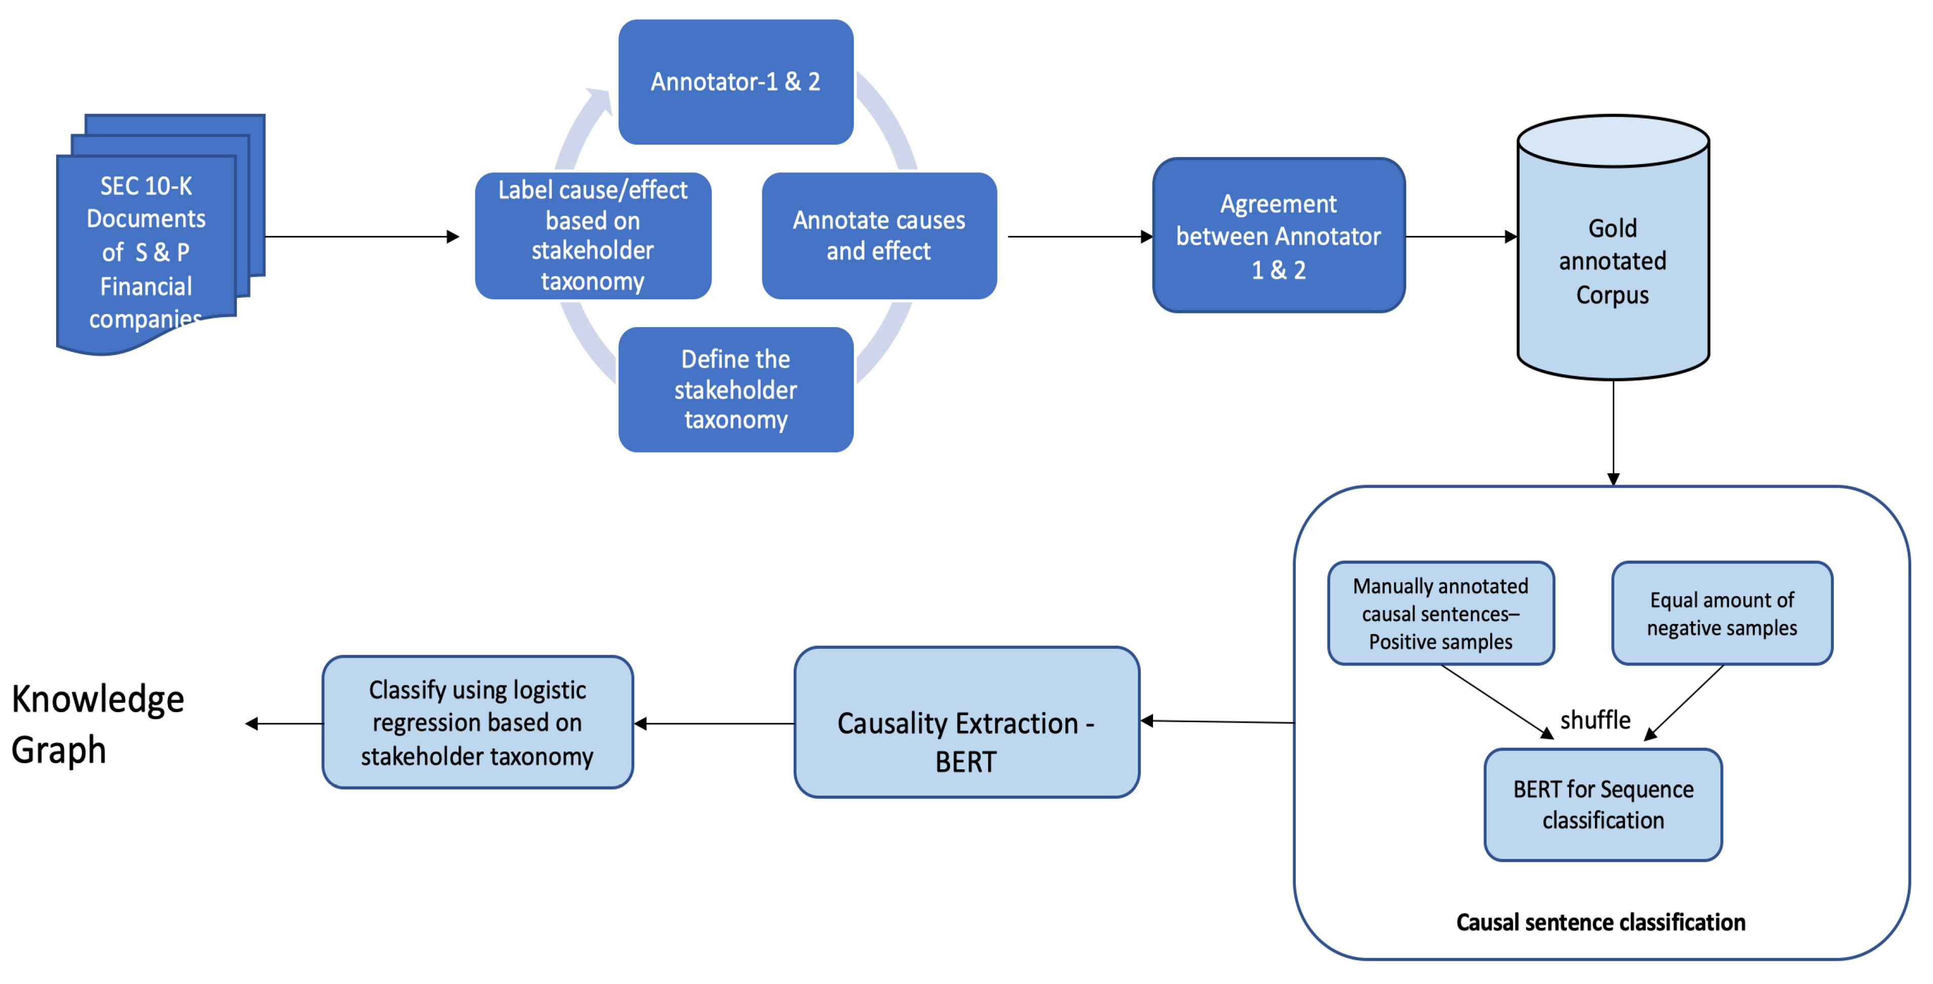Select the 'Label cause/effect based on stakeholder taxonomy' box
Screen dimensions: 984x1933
(x=593, y=235)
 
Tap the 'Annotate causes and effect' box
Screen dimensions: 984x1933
(x=879, y=235)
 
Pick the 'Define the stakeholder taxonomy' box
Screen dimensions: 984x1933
(x=735, y=389)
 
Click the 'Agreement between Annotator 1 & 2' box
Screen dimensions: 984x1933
(x=1278, y=235)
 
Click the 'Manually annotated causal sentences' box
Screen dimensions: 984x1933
(x=1440, y=613)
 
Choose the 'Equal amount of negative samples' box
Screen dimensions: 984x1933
(x=1721, y=613)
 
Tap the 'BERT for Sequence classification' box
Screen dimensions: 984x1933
(x=1603, y=805)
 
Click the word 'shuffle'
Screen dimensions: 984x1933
(x=1595, y=720)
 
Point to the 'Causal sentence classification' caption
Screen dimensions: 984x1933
(x=1600, y=922)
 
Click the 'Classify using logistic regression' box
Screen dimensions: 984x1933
(x=477, y=722)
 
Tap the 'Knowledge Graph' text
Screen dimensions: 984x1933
(x=98, y=724)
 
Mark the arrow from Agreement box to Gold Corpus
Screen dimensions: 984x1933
(x=1460, y=237)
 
